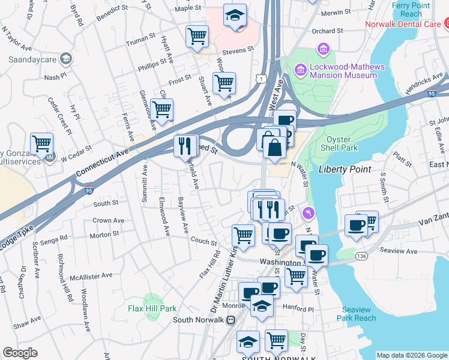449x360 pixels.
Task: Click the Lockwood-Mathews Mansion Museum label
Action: point(344,71)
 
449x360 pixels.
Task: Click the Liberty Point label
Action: point(345,169)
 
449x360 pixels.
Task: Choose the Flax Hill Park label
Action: point(152,308)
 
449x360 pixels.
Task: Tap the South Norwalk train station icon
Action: point(230,320)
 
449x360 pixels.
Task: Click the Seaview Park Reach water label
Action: point(359,314)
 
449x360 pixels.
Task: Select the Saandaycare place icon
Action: point(65,59)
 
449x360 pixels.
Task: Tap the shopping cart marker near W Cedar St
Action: point(42,144)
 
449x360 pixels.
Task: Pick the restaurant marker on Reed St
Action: point(185,145)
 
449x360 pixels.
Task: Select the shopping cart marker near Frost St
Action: point(224,83)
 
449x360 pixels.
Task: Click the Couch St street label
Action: point(203,242)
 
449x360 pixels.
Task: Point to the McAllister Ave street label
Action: point(91,276)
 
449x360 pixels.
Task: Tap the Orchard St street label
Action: point(327,31)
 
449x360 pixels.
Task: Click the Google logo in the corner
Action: point(20,353)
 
